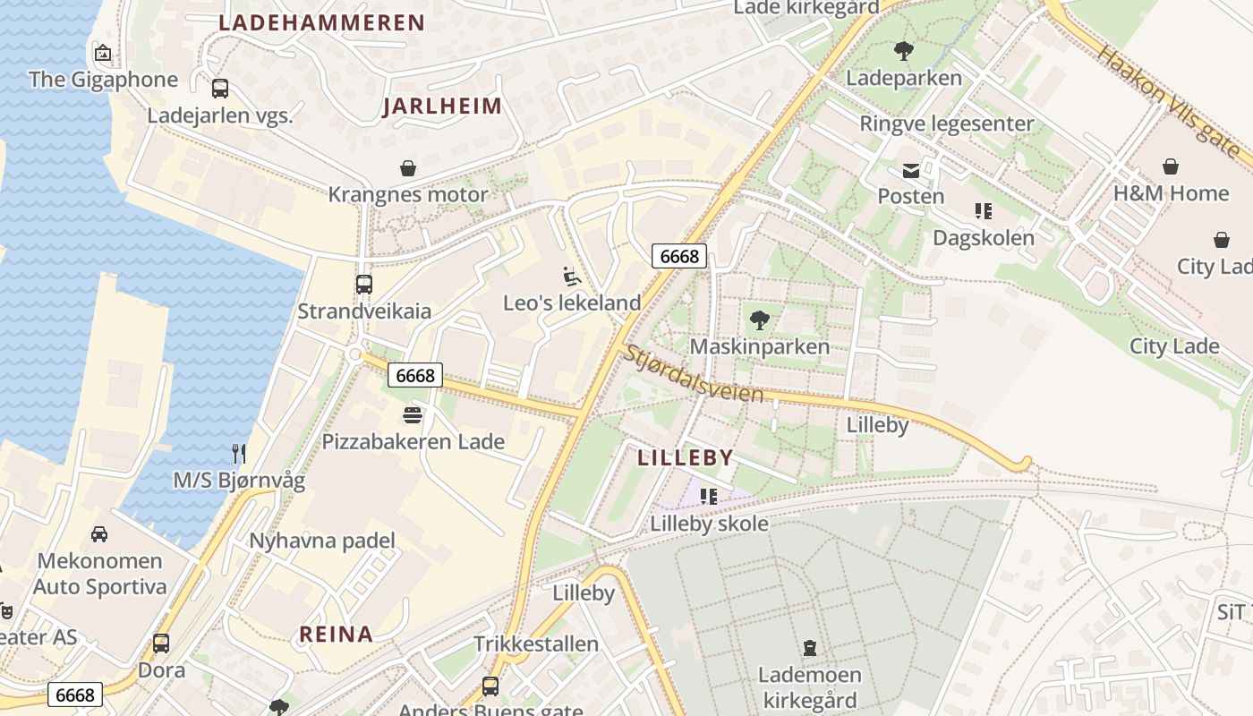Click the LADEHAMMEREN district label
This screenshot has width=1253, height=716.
321,23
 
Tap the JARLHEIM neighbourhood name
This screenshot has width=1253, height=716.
442,107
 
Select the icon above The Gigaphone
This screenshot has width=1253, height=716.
103,53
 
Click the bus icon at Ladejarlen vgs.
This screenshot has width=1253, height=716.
219,88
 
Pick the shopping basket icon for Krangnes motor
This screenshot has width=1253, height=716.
408,168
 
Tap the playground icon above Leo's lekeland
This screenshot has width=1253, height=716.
572,276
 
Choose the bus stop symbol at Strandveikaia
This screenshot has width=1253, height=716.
363,285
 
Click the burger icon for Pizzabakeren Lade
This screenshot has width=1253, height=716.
413,415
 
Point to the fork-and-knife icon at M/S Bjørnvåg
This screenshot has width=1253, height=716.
239,454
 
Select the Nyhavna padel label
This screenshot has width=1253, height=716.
322,541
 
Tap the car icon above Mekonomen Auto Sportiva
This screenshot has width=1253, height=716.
99,534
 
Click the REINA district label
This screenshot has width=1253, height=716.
336,635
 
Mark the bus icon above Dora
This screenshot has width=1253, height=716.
161,644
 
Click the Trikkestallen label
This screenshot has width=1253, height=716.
536,644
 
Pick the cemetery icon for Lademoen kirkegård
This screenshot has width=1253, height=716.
810,648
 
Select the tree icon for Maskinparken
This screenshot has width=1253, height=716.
759,320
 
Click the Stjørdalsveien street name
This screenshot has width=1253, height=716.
695,374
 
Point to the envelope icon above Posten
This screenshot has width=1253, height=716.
910,170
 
